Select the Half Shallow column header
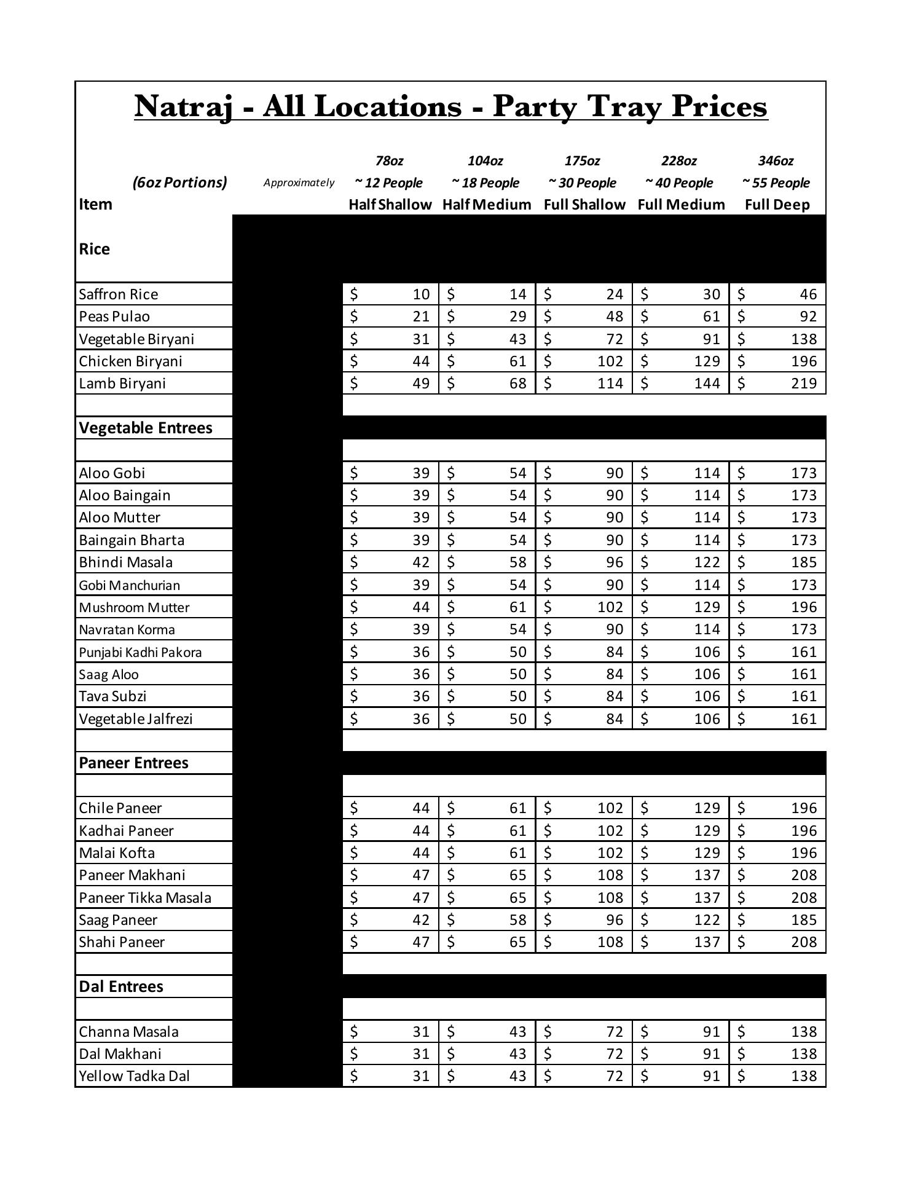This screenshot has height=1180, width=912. click(x=390, y=205)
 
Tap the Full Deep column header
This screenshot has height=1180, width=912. click(x=777, y=205)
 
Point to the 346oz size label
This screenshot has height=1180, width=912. click(x=776, y=161)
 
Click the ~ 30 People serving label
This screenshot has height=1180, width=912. click(x=583, y=183)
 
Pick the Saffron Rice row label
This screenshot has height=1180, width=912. click(x=119, y=294)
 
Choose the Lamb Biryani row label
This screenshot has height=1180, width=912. click(x=122, y=383)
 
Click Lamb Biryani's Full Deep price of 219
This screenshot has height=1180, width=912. click(x=804, y=383)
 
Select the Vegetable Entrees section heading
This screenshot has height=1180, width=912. click(x=146, y=428)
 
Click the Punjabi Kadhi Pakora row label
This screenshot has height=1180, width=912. click(x=140, y=652)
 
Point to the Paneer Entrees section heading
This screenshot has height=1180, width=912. click(x=134, y=763)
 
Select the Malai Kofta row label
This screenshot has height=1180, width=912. click(x=117, y=853)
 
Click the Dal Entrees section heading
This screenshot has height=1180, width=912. click(x=121, y=987)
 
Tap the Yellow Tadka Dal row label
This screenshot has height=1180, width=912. click(x=134, y=1076)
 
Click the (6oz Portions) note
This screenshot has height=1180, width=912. click(x=179, y=183)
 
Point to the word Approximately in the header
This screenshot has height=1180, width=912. click(x=299, y=183)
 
